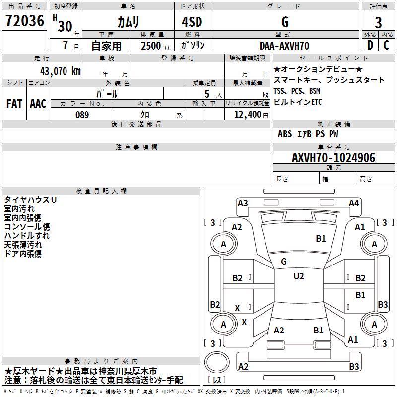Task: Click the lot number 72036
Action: pos(24,21)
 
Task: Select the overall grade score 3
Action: pos(378,23)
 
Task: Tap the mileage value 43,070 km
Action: pos(61,71)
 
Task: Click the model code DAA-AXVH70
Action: pos(284,46)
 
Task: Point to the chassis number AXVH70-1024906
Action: pos(333,158)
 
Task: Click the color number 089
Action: pos(82,115)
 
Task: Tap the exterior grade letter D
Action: pos(370,45)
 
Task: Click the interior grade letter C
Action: pos(386,45)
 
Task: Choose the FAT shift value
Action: pos(14,104)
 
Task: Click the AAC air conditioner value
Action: pos(38,104)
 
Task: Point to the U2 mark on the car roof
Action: pos(299,276)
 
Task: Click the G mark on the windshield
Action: pos(284,262)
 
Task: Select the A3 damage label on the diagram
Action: pos(243,203)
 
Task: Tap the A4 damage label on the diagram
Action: pos(354,203)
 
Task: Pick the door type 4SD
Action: pos(192,22)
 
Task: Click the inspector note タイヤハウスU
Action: pos(30,200)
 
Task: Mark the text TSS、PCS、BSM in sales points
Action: pos(297,91)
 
